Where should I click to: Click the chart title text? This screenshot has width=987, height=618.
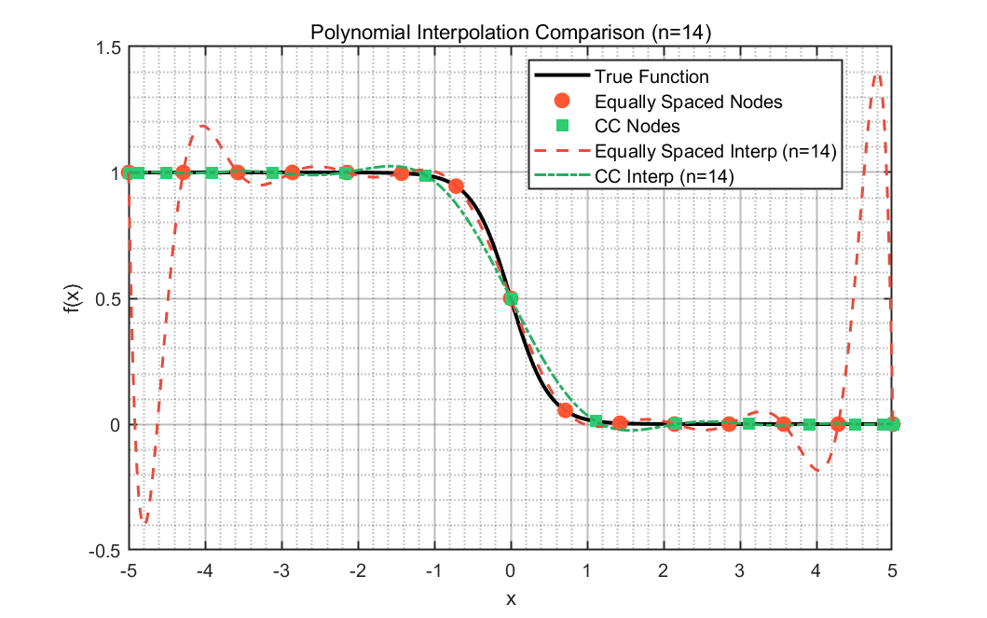[511, 32]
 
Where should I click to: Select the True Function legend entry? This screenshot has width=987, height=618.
[622, 76]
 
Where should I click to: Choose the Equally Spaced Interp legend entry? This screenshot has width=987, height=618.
[685, 152]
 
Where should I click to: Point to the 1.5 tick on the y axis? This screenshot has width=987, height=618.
[110, 48]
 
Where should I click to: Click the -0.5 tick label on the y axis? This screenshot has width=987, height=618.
[105, 551]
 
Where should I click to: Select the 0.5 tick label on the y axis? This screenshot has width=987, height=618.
[110, 299]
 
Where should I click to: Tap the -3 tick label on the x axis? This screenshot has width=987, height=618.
[281, 570]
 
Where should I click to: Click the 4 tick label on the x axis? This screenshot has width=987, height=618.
[816, 570]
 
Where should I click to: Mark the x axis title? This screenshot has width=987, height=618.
[511, 598]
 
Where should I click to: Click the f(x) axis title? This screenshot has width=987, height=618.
[74, 298]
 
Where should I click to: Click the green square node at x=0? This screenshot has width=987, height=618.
[511, 298]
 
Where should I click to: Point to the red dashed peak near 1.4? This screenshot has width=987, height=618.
[877, 76]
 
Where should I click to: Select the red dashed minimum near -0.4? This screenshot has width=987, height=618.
[144, 521]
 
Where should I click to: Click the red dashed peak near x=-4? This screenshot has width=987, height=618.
[203, 127]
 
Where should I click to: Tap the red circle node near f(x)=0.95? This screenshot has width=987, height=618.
[457, 185]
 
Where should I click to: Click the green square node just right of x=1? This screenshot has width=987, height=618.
[596, 420]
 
